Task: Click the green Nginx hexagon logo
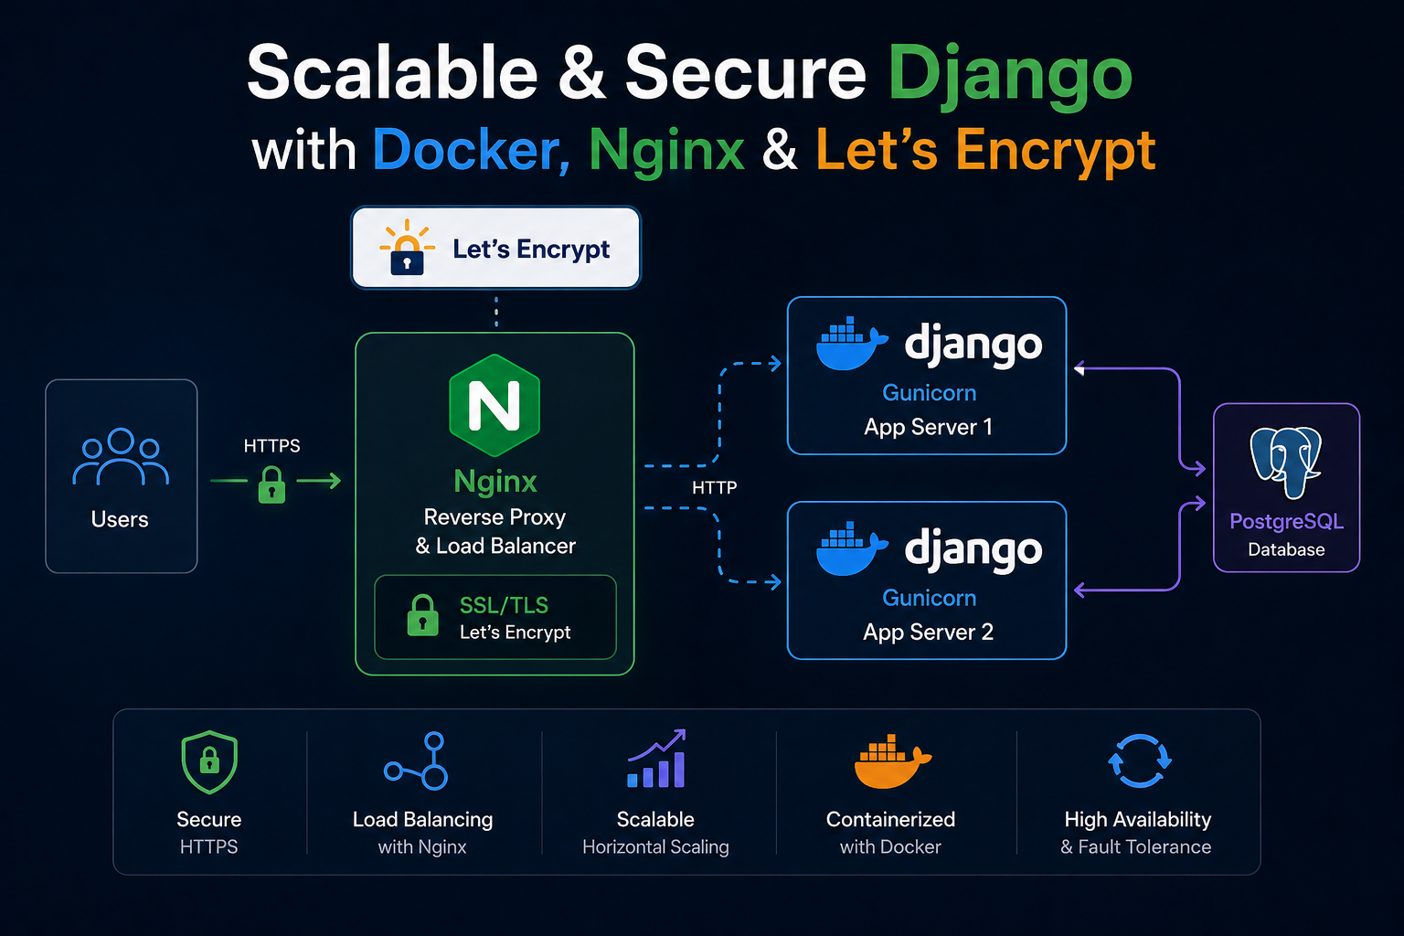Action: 495,405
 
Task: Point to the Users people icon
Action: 121,456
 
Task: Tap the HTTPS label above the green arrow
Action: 272,446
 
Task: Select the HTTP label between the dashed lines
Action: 715,487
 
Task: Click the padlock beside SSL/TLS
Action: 423,616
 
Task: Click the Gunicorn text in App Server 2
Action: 929,598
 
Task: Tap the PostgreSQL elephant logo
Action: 1285,462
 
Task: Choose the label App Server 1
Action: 929,427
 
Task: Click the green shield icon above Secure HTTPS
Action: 209,761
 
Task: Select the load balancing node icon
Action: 416,760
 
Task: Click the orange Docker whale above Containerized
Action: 892,760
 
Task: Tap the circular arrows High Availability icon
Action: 1140,760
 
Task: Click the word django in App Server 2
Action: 973,549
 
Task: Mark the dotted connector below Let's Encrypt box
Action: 496,312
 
